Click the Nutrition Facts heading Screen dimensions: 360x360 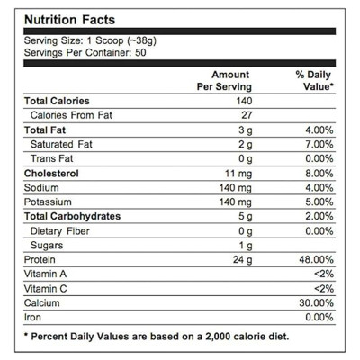69,20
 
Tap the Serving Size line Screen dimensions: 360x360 90,40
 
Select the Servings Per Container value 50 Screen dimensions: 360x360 140,53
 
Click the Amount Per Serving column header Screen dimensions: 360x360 224,81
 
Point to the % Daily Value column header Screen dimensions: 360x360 314,81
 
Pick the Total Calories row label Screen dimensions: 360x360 57,101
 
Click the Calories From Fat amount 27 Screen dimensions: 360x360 247,115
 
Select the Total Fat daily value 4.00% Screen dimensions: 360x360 319,130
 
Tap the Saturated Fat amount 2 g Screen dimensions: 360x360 246,145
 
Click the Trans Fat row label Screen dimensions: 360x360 52,158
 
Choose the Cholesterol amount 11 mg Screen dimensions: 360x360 238,174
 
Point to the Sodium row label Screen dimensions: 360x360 41,188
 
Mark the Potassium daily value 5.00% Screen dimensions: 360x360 319,202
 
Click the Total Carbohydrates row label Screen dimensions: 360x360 72,216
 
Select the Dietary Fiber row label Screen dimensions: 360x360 60,231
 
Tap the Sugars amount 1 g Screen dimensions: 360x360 246,246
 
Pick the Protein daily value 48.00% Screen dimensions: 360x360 316,259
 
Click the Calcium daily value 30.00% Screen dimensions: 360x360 316,302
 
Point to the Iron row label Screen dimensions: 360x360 32,317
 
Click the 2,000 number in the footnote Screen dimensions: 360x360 217,337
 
